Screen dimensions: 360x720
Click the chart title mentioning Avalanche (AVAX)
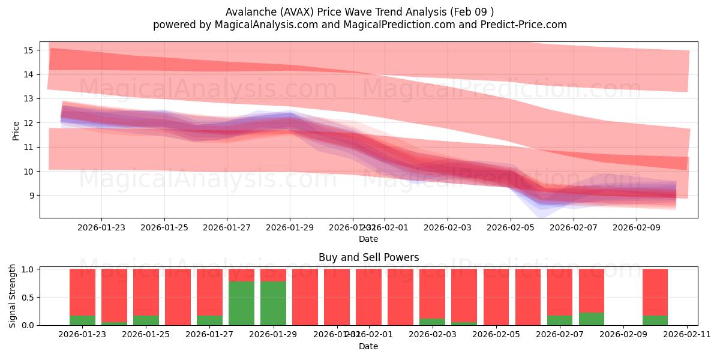360,12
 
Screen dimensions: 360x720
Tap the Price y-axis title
16,130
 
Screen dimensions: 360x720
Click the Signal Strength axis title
13,296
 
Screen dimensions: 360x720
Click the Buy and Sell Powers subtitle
368,257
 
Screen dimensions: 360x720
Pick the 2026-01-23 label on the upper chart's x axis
101,228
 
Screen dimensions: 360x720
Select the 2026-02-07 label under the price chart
574,228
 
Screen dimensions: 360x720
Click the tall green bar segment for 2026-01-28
241,303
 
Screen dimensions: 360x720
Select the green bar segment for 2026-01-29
273,303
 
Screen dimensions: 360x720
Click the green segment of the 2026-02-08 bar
592,319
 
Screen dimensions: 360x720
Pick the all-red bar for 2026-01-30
305,297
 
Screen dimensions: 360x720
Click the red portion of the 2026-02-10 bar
655,291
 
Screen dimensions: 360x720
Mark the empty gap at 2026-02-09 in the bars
623,297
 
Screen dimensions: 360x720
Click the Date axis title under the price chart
368,239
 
